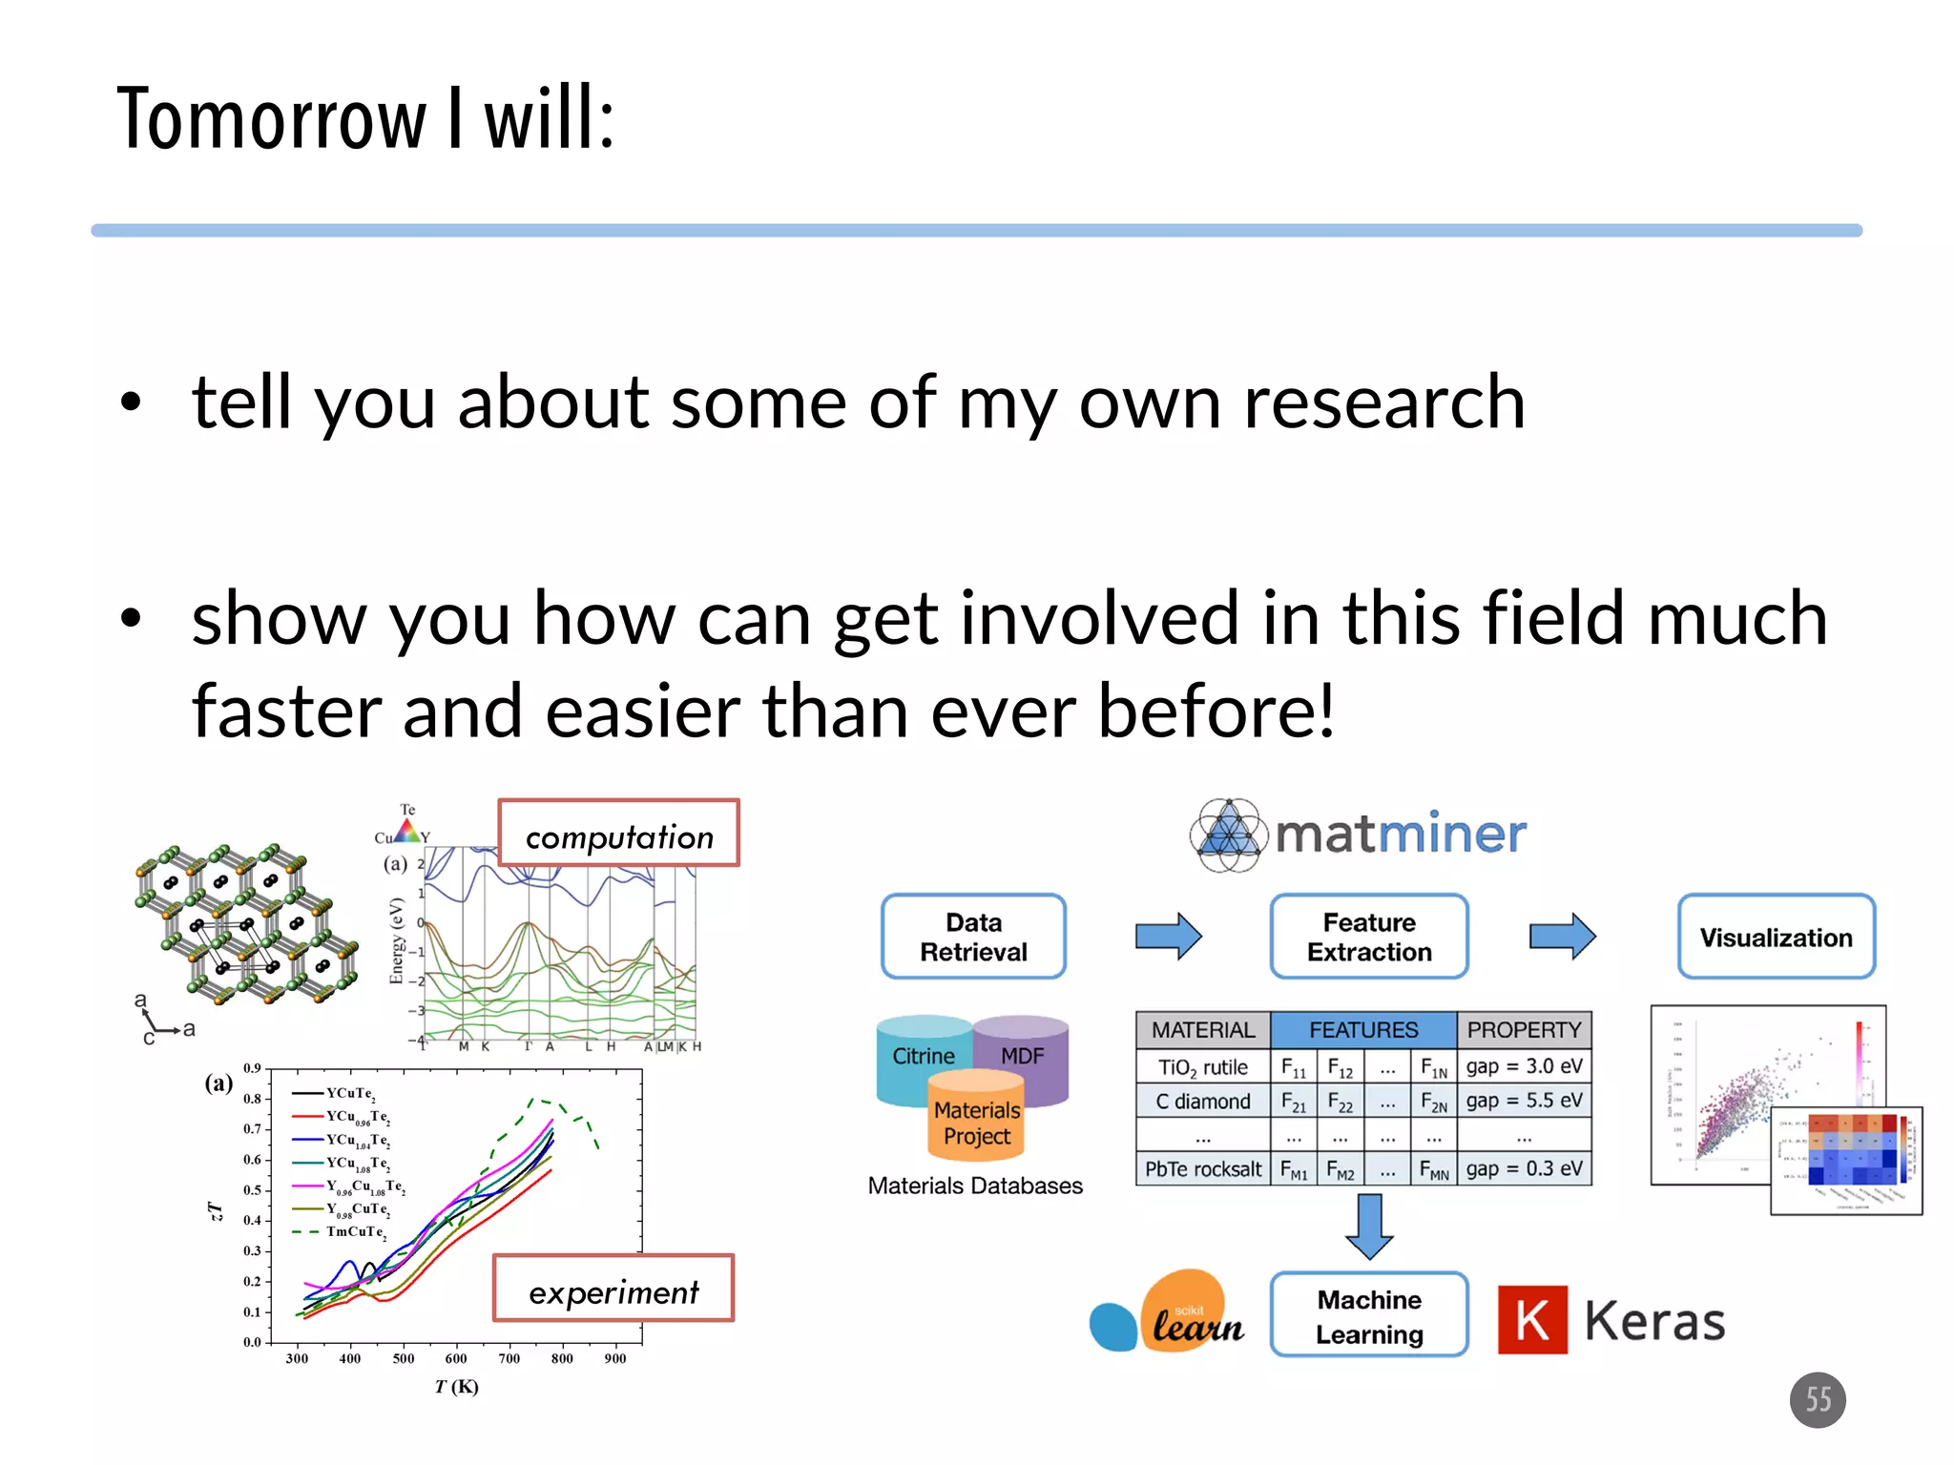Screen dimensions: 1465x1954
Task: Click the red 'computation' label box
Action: click(x=618, y=833)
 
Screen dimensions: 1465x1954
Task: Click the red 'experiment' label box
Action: click(x=613, y=1289)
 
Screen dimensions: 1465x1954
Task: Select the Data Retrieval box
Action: click(x=973, y=937)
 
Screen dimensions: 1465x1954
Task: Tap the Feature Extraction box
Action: click(x=1369, y=937)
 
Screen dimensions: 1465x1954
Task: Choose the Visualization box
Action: click(x=1776, y=937)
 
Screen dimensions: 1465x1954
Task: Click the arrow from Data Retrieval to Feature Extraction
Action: click(x=1168, y=936)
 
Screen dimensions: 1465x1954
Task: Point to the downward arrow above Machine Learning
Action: click(x=1369, y=1227)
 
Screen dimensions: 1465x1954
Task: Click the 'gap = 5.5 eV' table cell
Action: click(x=1524, y=1101)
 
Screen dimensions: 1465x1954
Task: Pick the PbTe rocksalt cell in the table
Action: click(x=1202, y=1169)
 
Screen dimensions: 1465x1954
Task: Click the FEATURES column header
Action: click(x=1363, y=1030)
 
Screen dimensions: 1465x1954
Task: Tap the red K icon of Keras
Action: click(x=1532, y=1320)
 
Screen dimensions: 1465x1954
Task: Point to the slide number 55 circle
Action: click(x=1818, y=1399)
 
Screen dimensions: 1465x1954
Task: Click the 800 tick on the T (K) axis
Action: click(x=562, y=1358)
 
